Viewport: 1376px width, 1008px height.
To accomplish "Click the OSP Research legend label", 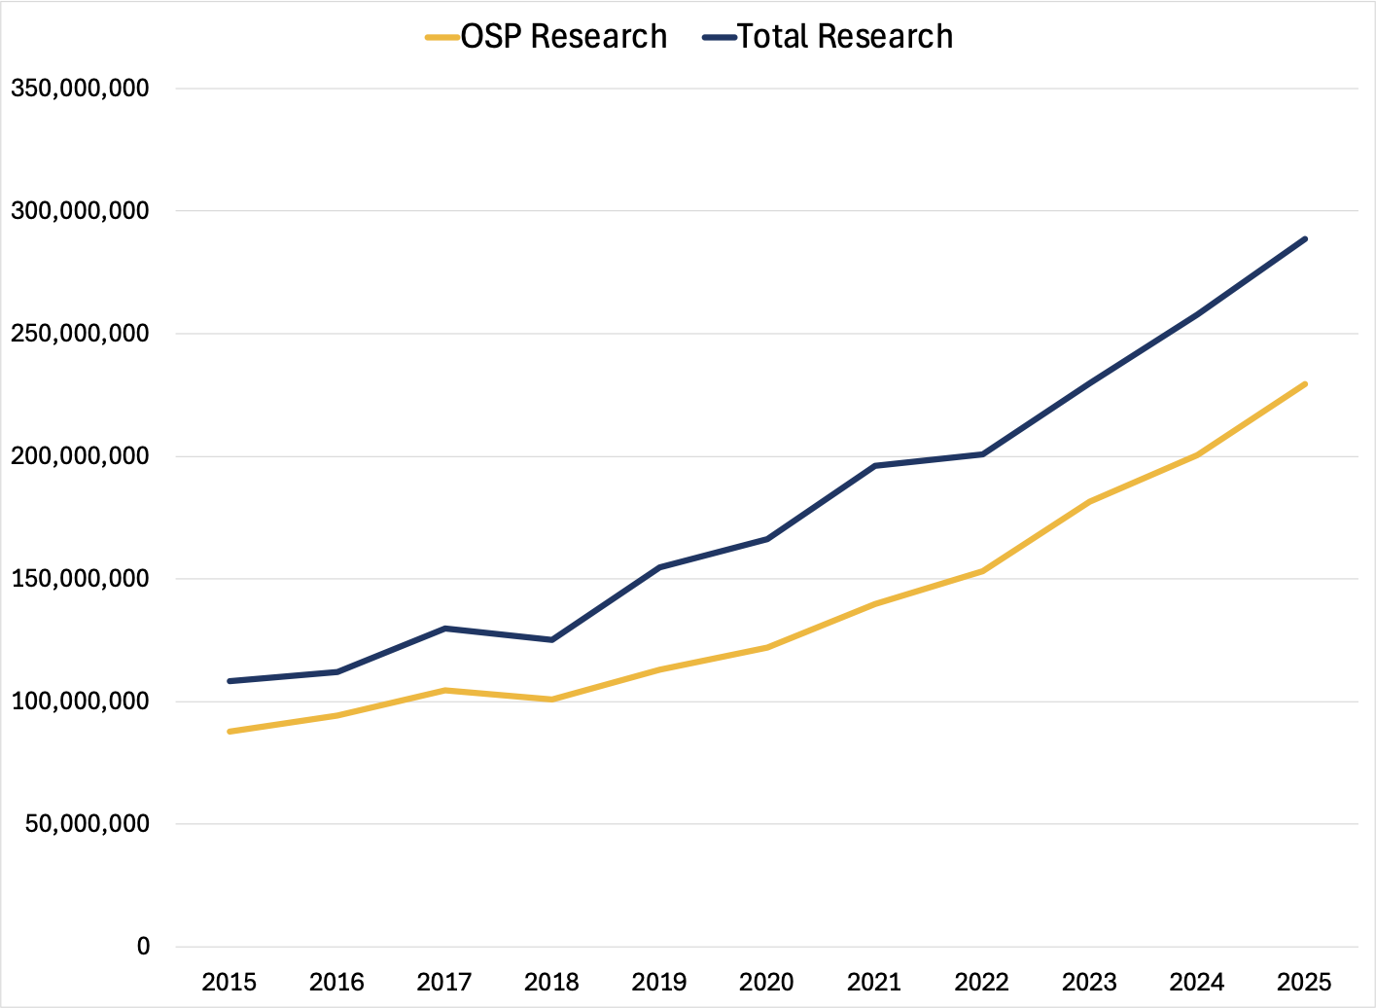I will click(564, 37).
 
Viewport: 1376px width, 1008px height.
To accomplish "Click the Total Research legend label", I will click(844, 37).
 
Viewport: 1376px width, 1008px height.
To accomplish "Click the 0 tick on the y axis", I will click(144, 947).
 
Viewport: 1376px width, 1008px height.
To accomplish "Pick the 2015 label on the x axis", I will click(229, 982).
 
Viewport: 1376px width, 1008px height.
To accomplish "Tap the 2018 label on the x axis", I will click(551, 982).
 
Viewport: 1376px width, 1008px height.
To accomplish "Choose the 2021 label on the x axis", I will click(874, 982).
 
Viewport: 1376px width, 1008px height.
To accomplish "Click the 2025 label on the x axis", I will click(1304, 982).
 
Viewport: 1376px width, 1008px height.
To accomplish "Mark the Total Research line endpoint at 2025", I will click(1305, 238).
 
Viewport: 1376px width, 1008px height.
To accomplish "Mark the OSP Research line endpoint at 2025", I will click(1305, 384).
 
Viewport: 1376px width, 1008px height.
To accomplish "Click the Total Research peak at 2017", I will click(444, 629).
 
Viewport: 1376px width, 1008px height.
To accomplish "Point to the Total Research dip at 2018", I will click(552, 639).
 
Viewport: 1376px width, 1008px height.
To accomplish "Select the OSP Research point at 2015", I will click(229, 731).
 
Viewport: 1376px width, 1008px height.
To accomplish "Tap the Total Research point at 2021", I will click(875, 466).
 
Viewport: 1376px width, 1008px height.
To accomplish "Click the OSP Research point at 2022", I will click(982, 571).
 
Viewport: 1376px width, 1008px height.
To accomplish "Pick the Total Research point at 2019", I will click(659, 567).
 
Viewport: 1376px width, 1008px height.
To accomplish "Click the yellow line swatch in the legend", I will click(442, 38).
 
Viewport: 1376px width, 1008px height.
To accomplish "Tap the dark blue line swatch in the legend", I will click(719, 38).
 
